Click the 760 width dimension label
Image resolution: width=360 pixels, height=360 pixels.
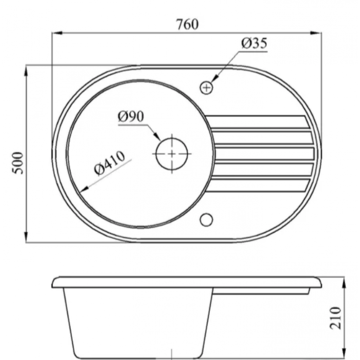coord(187,24)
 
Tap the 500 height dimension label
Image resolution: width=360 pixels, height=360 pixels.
coord(18,163)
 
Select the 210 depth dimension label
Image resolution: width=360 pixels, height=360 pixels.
coord(336,318)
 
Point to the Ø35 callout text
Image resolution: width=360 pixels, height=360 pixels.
coord(255,44)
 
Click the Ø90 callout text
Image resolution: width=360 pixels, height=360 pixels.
coord(131,116)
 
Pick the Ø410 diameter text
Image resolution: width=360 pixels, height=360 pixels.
coord(109,163)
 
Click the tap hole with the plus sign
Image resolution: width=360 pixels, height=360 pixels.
coord(206,87)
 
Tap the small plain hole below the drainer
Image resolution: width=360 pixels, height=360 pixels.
coord(206,220)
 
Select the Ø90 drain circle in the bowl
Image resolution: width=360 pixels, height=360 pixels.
coord(172,154)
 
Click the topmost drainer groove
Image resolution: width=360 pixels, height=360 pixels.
coord(258,122)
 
